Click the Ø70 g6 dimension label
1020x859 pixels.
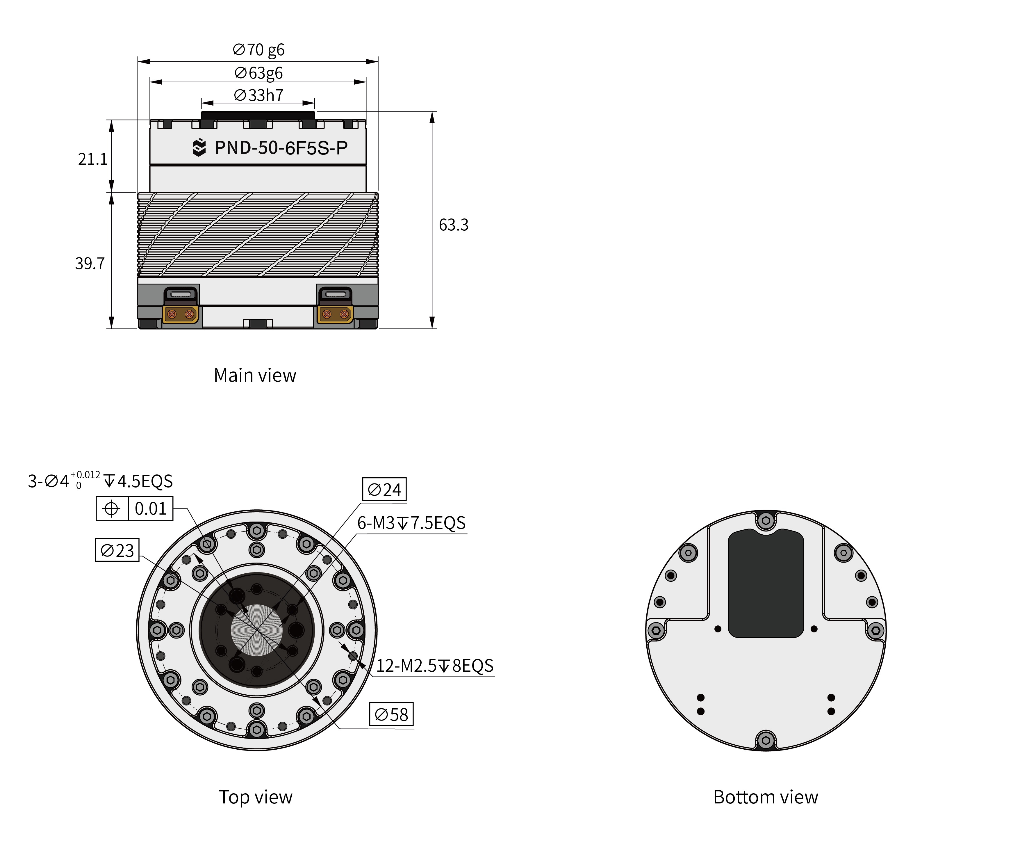[258, 50]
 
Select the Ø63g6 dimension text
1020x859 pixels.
[258, 73]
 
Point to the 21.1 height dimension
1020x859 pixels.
[92, 159]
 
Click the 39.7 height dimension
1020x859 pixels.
[90, 264]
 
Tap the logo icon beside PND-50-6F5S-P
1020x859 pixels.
[199, 147]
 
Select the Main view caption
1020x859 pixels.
[255, 376]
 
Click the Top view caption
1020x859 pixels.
[256, 797]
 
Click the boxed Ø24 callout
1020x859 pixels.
[384, 489]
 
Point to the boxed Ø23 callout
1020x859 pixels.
[117, 550]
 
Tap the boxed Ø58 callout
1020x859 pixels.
[392, 714]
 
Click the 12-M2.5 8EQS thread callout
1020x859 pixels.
[435, 666]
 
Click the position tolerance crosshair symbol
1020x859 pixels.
[112, 509]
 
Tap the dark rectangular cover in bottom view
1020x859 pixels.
[766, 583]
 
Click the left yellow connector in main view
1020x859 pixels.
[181, 314]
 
